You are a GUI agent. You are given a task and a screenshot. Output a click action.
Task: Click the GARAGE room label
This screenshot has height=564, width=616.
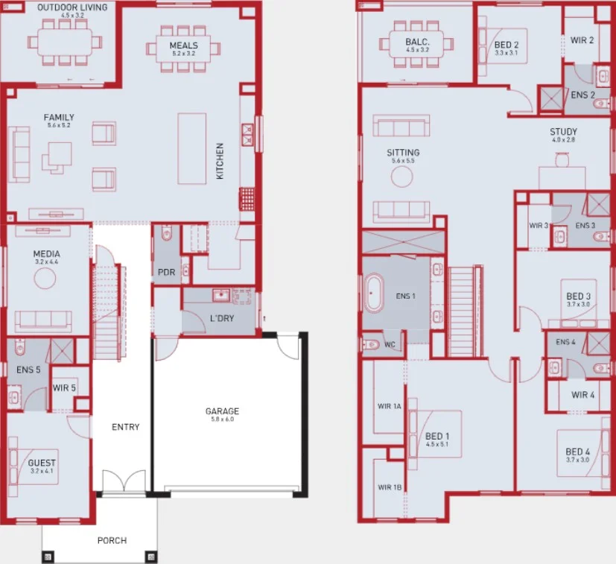(222, 411)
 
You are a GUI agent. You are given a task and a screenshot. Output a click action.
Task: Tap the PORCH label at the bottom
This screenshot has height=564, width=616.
(112, 540)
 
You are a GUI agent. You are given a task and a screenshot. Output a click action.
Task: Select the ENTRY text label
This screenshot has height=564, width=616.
(125, 427)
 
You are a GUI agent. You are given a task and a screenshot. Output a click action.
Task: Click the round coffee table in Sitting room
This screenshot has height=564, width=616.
(402, 176)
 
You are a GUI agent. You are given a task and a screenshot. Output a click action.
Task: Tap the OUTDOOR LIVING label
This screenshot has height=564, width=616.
(72, 7)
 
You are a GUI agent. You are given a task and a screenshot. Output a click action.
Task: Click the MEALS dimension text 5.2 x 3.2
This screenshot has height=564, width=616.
(183, 54)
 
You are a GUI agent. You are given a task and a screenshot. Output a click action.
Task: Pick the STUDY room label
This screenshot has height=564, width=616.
(564, 132)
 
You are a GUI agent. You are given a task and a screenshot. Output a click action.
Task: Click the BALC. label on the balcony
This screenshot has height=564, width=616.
(417, 42)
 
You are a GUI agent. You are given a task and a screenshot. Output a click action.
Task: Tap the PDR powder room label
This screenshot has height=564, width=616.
(166, 273)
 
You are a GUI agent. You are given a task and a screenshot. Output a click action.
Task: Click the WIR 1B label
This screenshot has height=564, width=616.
(389, 487)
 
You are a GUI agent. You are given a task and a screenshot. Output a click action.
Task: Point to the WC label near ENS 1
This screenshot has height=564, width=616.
(391, 344)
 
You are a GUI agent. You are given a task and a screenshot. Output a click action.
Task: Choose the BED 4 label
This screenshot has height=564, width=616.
(577, 451)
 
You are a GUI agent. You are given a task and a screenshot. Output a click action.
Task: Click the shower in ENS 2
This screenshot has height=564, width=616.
(550, 98)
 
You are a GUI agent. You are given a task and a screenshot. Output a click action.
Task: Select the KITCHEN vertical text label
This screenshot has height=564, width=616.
(220, 161)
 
